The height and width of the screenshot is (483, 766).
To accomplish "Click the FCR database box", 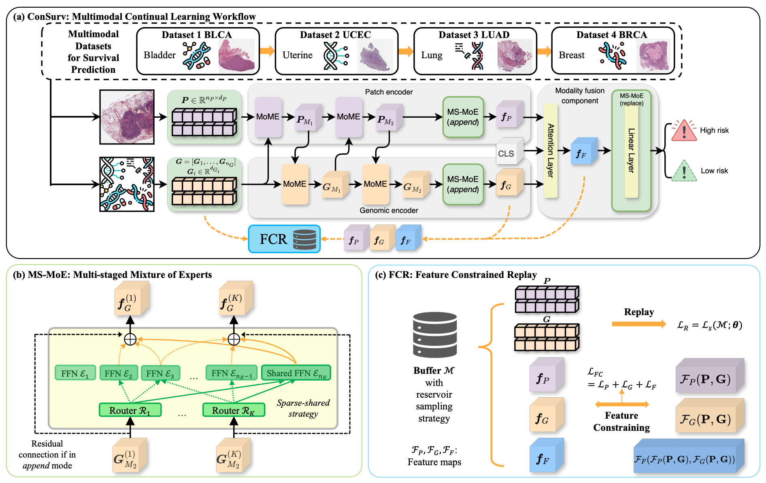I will pyautogui.click(x=284, y=239).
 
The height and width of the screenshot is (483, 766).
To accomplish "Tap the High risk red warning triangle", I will pyautogui.click(x=684, y=131).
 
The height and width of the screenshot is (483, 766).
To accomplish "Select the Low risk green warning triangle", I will pyautogui.click(x=684, y=171).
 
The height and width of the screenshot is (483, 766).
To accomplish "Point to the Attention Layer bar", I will pyautogui.click(x=551, y=150).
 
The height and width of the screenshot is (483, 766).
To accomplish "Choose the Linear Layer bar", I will pyautogui.click(x=631, y=151).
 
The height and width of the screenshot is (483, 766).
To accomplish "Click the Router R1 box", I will pyautogui.click(x=130, y=410).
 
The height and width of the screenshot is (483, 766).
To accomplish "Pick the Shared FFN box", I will pyautogui.click(x=296, y=373).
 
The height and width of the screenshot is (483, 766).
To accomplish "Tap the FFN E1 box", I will pyautogui.click(x=75, y=373).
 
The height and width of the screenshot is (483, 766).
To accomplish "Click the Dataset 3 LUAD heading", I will pyautogui.click(x=474, y=35).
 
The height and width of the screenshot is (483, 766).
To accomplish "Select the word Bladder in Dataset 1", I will pyautogui.click(x=160, y=55).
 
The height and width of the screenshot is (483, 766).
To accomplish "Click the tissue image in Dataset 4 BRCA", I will pyautogui.click(x=653, y=56).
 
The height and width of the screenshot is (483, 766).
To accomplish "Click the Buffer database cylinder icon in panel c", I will pyautogui.click(x=435, y=335).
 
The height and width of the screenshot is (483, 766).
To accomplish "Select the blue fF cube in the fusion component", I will pyautogui.click(x=583, y=151).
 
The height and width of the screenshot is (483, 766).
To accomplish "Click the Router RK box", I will pyautogui.click(x=234, y=410).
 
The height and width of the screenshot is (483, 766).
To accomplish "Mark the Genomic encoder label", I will pyautogui.click(x=389, y=210).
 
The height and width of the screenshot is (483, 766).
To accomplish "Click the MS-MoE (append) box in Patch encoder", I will pyautogui.click(x=463, y=117).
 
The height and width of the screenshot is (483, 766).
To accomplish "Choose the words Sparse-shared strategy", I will pyautogui.click(x=303, y=408).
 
